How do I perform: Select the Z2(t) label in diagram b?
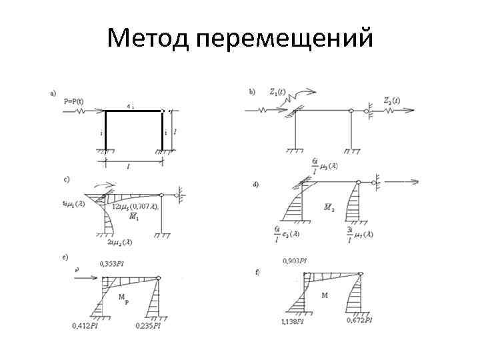tap(391, 101)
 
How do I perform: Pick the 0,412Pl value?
tap(85, 326)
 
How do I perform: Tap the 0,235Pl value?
tap(148, 326)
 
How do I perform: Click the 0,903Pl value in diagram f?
tap(296, 260)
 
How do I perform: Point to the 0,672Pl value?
tap(359, 321)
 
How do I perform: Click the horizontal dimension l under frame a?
tap(128, 167)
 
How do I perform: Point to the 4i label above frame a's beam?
tap(131, 107)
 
